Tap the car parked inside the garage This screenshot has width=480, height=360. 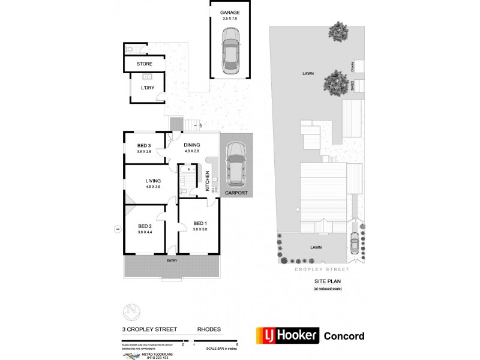coord(229,51)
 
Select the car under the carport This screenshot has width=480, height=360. coord(236,164)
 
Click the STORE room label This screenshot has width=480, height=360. coord(144,64)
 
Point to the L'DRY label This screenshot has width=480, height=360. coord(147,88)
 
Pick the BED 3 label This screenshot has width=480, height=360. coord(143,145)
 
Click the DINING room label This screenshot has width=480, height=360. coord(191,145)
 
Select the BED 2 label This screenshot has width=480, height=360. coord(143,226)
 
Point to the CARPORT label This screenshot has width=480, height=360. coord(236,193)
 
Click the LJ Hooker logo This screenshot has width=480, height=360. coord(287,335)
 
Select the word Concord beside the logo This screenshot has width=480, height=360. coord(344,336)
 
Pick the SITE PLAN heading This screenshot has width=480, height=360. coord(327,281)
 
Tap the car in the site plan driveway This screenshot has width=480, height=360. coord(354,242)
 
